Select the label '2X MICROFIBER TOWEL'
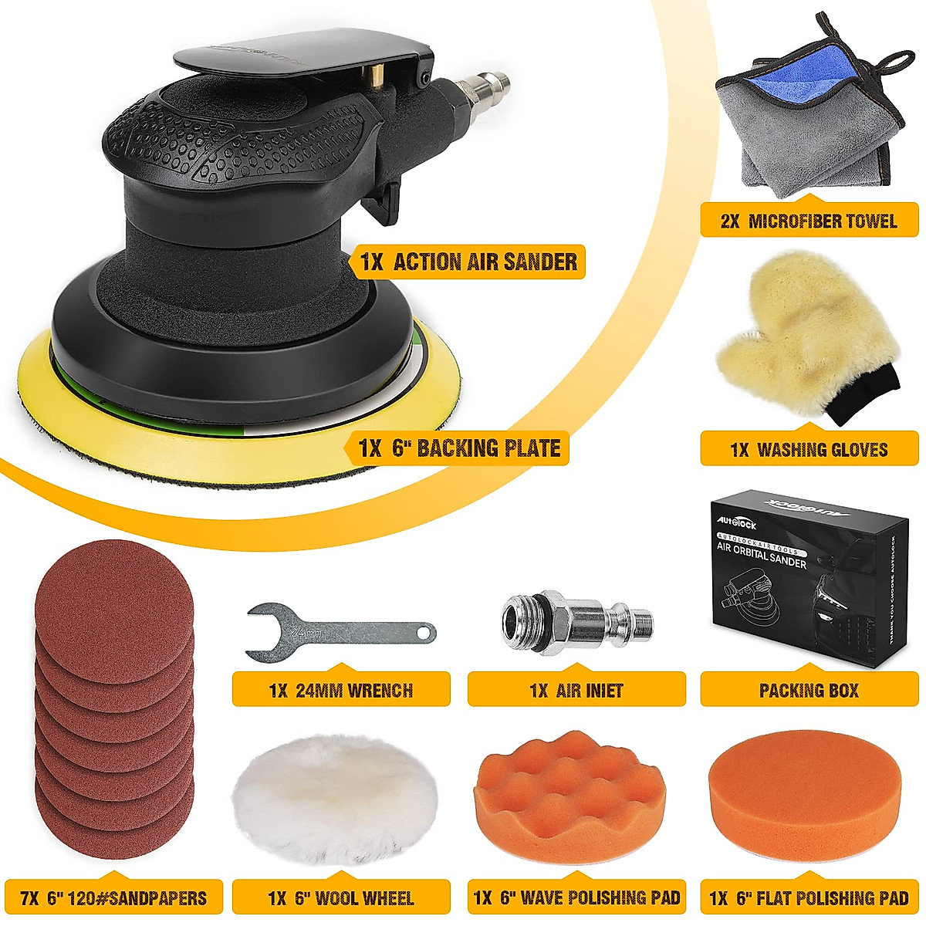point(808,221)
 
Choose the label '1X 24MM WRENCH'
point(340,690)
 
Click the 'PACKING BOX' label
point(808,690)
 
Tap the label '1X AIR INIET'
point(576,690)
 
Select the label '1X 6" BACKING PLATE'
point(459,448)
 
